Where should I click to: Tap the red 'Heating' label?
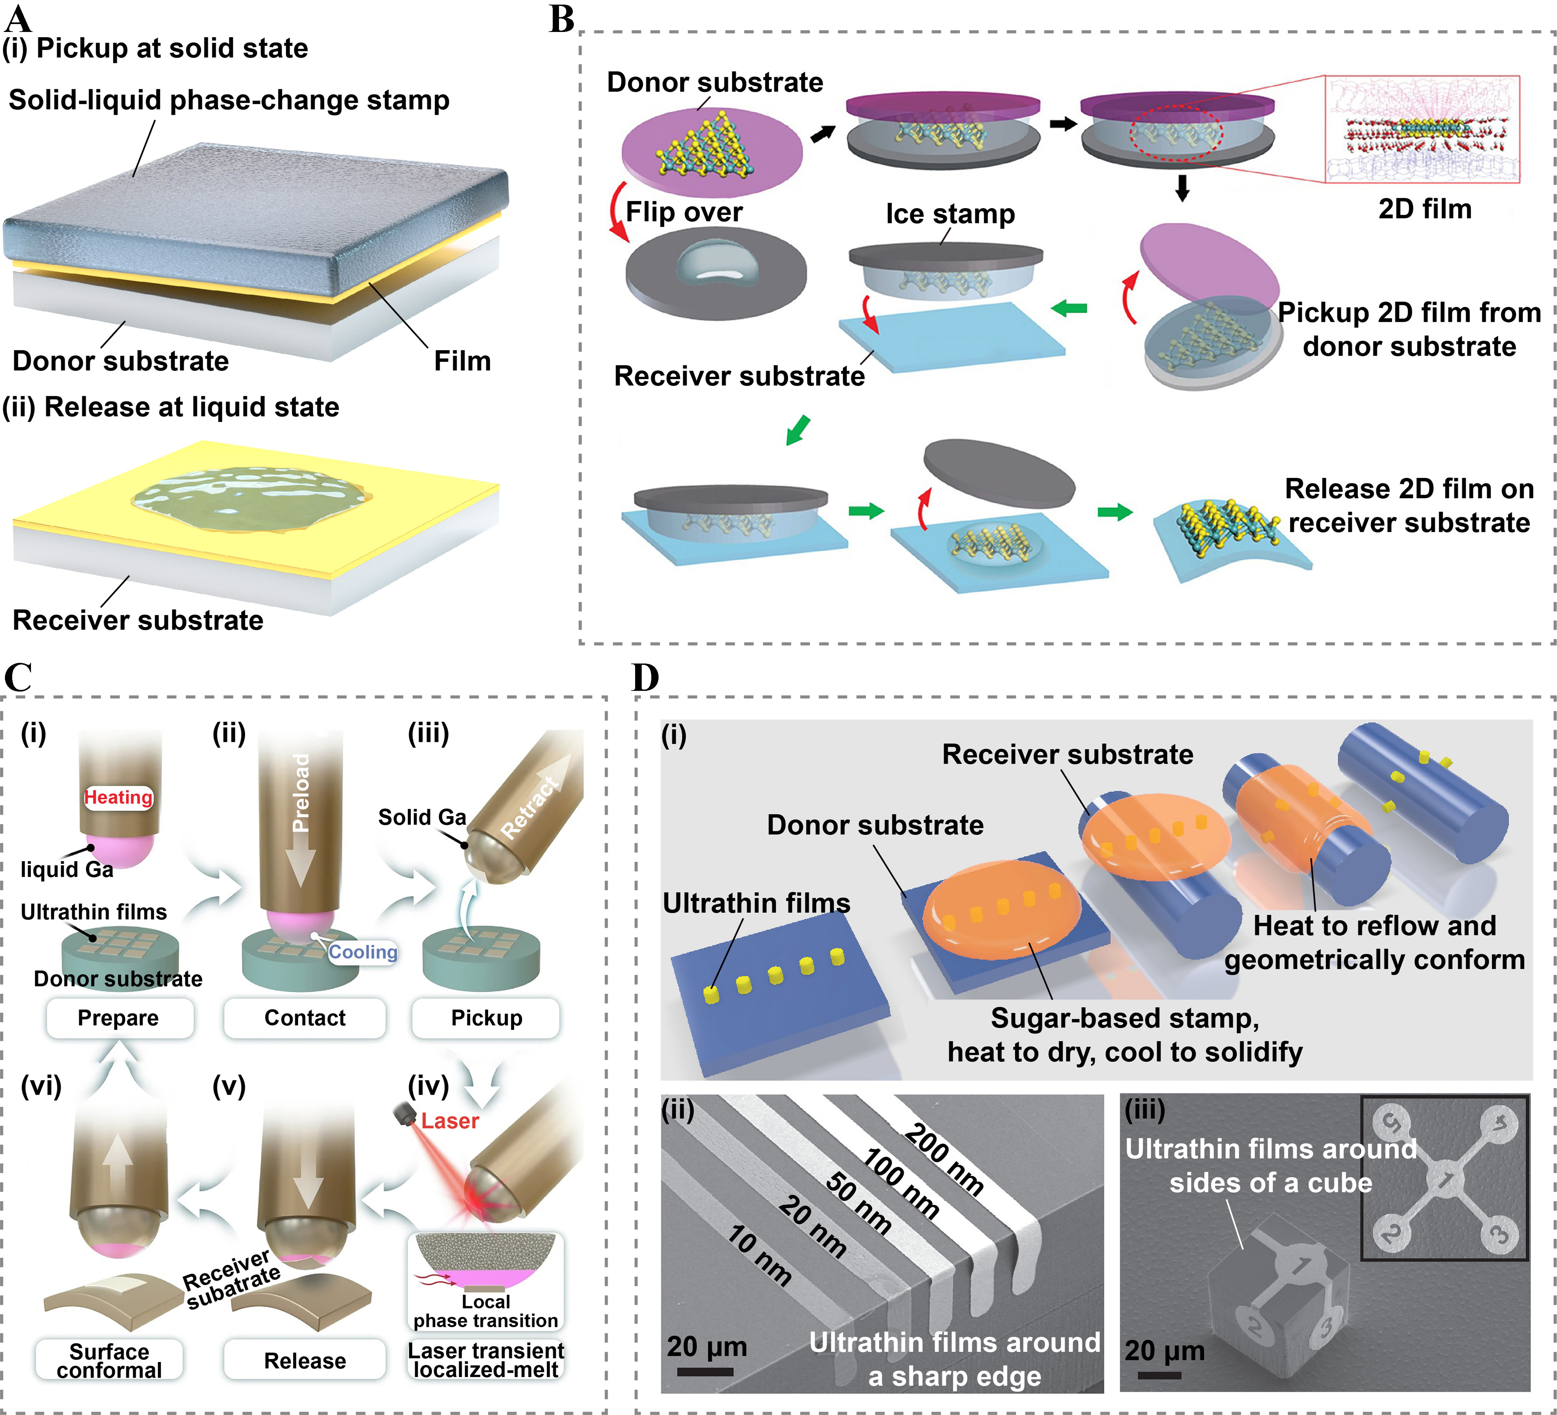tap(118, 797)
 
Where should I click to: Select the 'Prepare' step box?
tap(118, 1018)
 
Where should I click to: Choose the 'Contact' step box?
tap(305, 1018)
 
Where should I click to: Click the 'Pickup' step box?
tap(486, 1018)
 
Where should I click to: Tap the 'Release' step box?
tap(305, 1361)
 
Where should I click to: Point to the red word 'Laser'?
tap(450, 1121)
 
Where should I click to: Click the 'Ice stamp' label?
tap(950, 214)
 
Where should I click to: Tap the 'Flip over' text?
tap(684, 212)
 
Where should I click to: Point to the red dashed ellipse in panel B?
tap(1176, 133)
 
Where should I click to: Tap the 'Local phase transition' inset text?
tap(486, 1311)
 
